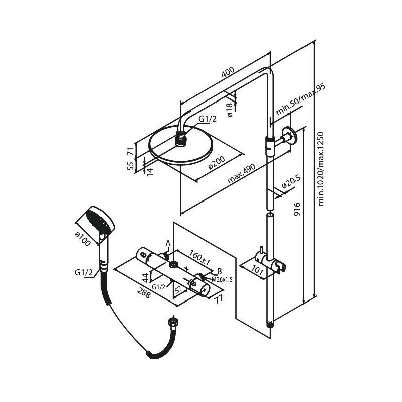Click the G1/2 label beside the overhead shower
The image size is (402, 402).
coord(207,120)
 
